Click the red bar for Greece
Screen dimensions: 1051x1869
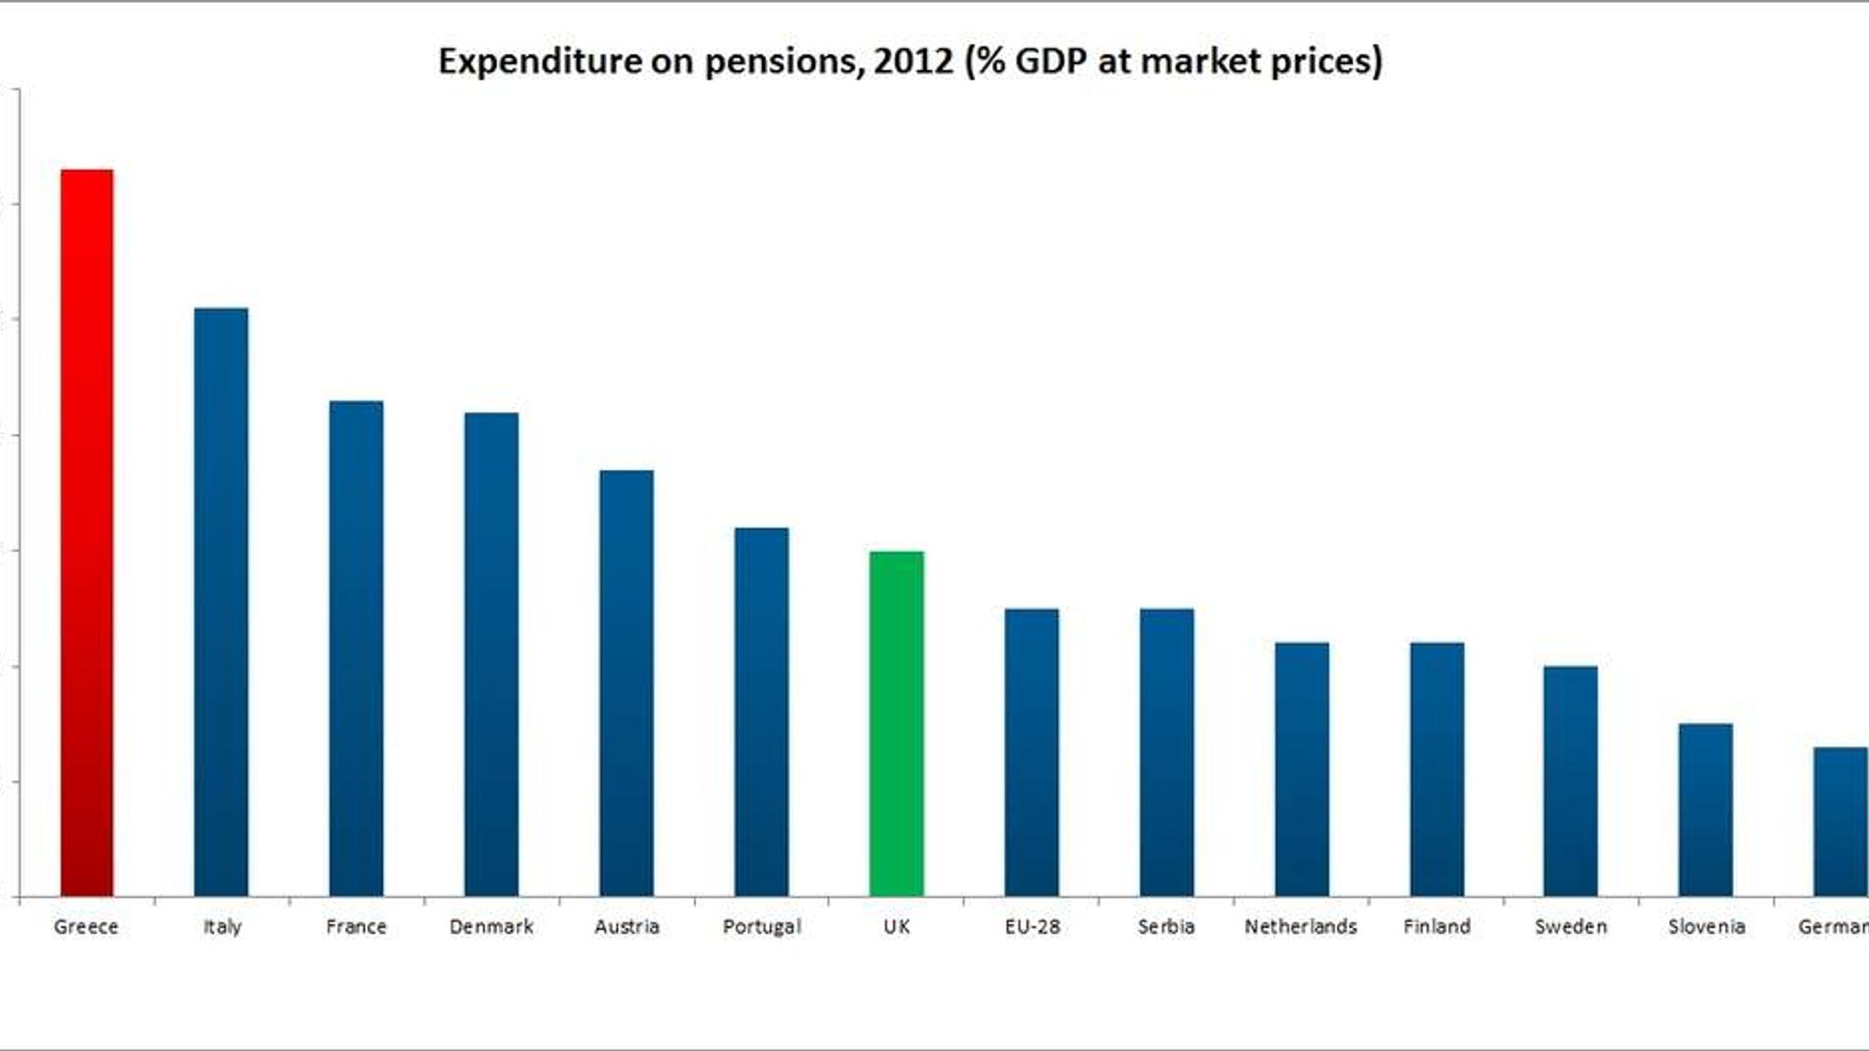(x=87, y=533)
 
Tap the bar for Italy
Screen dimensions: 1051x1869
(x=221, y=602)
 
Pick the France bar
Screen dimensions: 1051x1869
(x=356, y=649)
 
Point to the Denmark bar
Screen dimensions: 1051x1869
(x=491, y=654)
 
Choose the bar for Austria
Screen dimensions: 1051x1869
(x=626, y=683)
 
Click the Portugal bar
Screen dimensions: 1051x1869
(x=761, y=712)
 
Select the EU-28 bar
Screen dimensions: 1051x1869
(x=1031, y=753)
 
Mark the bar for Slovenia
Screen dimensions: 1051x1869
(x=1705, y=810)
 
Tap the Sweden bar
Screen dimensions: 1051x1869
(x=1570, y=781)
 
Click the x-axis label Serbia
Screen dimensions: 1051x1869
(x=1165, y=927)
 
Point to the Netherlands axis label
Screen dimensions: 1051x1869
(x=1300, y=927)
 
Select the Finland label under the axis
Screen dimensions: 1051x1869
(x=1436, y=927)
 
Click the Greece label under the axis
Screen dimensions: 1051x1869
(x=86, y=927)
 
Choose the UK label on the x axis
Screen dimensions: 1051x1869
(x=896, y=927)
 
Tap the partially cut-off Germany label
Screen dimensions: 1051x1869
(x=1832, y=927)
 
